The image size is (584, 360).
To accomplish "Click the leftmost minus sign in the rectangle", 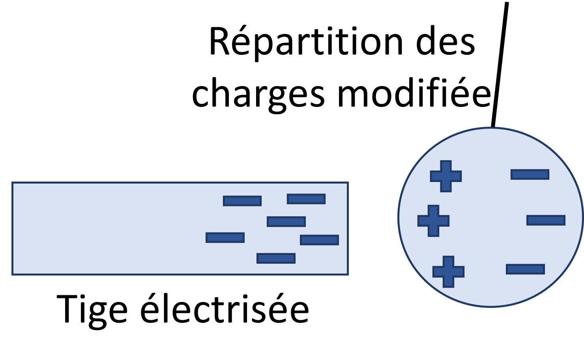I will [225, 238].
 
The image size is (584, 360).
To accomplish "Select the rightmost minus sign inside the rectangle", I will [319, 240].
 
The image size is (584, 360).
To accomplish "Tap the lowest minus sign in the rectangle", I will [276, 258].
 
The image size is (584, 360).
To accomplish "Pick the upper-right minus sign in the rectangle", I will [306, 199].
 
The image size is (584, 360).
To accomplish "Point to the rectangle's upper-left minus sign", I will [242, 201].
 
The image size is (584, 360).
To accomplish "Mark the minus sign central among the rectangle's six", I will [286, 221].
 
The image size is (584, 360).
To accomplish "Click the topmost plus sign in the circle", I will [446, 176].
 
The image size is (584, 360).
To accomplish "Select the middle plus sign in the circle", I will [433, 221].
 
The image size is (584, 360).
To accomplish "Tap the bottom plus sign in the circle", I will [448, 272].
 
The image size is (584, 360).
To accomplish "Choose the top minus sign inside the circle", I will [530, 174].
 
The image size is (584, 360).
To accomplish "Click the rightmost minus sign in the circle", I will [546, 220].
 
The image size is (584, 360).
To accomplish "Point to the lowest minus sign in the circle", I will [525, 269].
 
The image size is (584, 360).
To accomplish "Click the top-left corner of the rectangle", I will [13, 183].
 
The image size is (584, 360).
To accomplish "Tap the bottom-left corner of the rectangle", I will [13, 274].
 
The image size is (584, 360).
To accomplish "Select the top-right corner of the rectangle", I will [347, 183].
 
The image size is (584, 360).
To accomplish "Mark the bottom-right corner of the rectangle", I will [347, 274].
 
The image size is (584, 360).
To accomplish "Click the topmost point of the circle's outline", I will [490, 128].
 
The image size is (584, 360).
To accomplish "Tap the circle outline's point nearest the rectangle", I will [399, 217].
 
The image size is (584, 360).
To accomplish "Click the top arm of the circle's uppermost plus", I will [446, 166].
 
